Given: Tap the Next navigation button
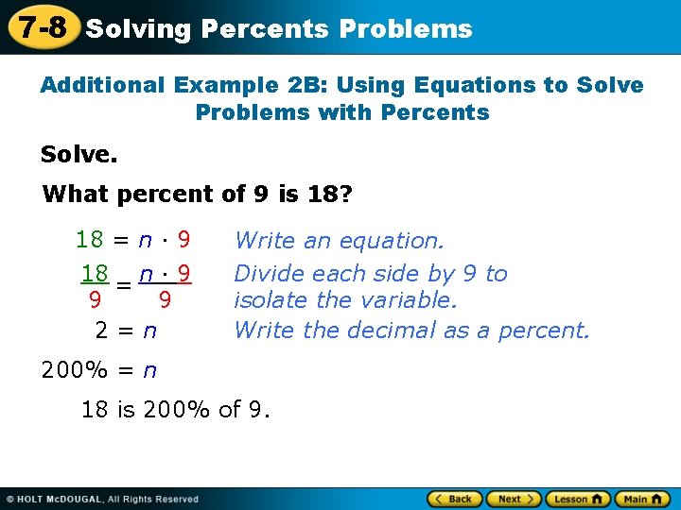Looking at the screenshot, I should [512, 499].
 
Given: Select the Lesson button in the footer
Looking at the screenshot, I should [574, 499].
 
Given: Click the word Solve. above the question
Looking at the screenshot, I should [72, 153].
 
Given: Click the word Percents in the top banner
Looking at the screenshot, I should [266, 29].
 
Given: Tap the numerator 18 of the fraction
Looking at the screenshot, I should [95, 274].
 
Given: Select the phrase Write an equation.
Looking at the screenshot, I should [339, 241].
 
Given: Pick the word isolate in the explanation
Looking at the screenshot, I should [266, 300].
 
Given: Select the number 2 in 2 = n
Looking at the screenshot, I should [101, 331].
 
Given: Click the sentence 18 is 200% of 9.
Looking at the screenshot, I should [176, 409].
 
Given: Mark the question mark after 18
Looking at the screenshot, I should [345, 195].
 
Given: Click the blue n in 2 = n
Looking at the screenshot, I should [148, 331].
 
